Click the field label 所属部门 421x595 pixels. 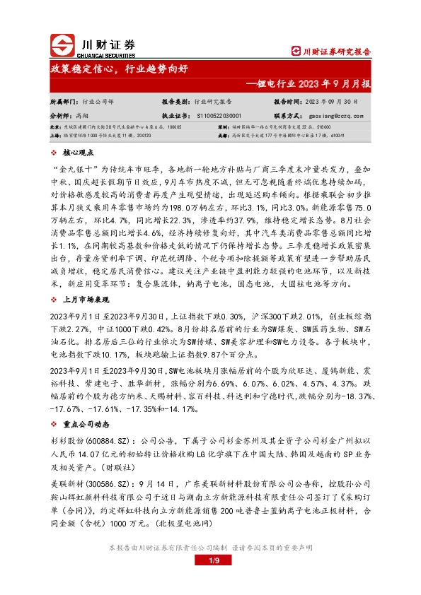[x=63, y=102]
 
